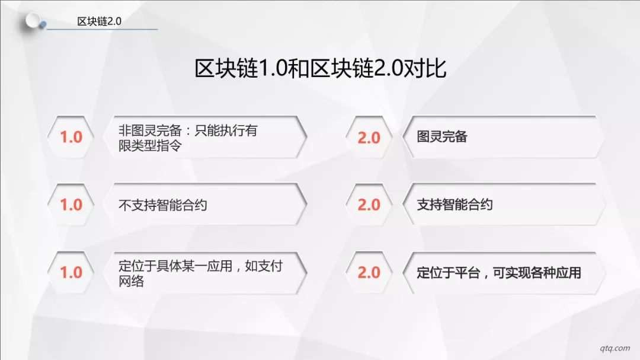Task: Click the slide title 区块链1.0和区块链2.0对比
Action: coord(321,68)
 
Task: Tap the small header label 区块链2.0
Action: coord(99,21)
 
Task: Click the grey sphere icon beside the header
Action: coord(33,21)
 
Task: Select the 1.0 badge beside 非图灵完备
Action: coord(71,137)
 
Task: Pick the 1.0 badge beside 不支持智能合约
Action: coord(71,204)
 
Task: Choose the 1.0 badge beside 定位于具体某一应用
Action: coord(71,272)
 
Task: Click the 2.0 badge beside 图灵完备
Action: coord(369,138)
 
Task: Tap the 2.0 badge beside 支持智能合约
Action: coord(369,204)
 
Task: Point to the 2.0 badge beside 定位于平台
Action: coord(369,272)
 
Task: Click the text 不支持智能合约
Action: coord(163,205)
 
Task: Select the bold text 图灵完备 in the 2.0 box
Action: coord(442,136)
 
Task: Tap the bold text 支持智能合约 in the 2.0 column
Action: coord(455,204)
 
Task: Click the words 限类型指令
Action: coord(150,145)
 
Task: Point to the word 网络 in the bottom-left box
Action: coord(131,281)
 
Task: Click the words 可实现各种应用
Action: coord(537,273)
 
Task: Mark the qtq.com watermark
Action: coord(615,348)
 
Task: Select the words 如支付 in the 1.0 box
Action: coord(264,266)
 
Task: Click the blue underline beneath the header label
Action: coord(102,30)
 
